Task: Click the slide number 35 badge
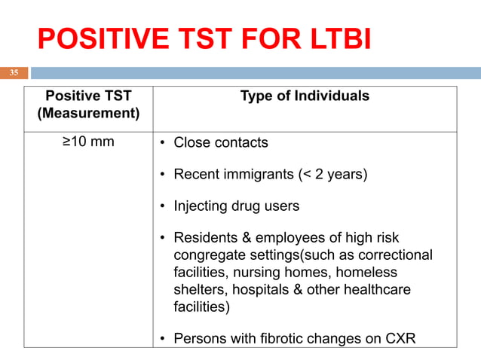click(x=14, y=73)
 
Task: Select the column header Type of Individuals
click(x=305, y=96)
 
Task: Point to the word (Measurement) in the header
click(x=88, y=114)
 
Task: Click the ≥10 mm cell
click(x=88, y=142)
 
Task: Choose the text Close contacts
click(x=221, y=142)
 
